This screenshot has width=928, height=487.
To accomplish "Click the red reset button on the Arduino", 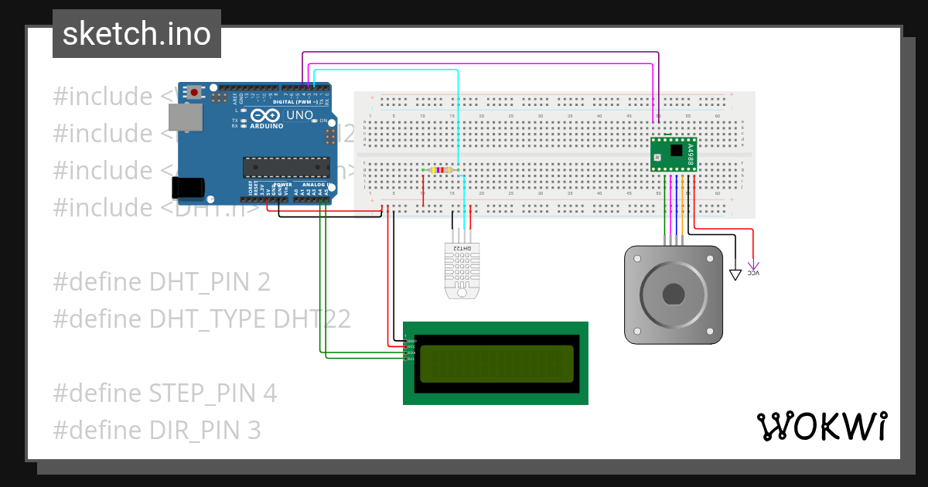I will click(195, 93).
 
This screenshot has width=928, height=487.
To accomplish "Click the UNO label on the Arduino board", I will click(299, 115).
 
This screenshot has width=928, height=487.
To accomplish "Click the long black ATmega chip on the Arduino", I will click(285, 166).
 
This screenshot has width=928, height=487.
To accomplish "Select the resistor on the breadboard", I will click(441, 169).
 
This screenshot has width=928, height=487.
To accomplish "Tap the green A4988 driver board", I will click(674, 153).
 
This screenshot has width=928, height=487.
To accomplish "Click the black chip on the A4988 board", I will click(677, 150).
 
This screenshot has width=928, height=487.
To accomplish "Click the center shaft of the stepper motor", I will click(674, 295).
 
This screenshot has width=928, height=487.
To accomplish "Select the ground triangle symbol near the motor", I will click(735, 274).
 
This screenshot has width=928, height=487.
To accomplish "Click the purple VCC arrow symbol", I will click(754, 267).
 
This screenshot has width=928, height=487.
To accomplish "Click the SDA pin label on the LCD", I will click(412, 352).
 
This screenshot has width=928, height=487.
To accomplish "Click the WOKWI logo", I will click(821, 427).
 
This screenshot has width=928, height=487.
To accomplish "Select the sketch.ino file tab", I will click(137, 34).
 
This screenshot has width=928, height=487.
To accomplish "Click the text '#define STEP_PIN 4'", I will click(165, 393).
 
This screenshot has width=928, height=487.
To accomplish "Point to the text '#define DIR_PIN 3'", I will click(157, 430).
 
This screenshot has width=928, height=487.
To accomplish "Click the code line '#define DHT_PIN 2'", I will click(162, 282).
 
